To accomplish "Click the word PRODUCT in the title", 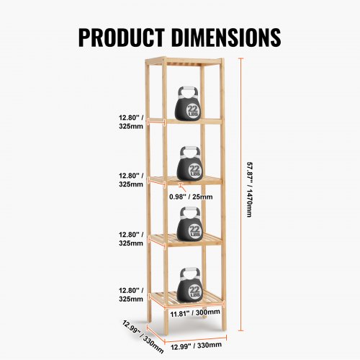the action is pos(122,37).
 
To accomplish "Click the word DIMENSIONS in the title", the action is pos(226,37).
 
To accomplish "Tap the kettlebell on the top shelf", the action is pos(189,103).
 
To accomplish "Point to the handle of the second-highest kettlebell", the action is pos(191,151).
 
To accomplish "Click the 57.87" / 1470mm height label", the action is pos(250,190).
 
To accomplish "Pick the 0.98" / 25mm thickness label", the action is pos(191,197).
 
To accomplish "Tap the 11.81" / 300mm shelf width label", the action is pos(195,313).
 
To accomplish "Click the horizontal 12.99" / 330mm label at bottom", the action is pos(196,346).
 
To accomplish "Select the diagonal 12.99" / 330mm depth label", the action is pos(143,336).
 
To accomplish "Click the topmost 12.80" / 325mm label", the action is pos(131,122).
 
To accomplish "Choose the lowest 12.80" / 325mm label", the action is pos(131,294).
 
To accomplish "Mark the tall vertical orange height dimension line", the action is pos(241,194).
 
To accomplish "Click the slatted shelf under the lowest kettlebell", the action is pos(186,299).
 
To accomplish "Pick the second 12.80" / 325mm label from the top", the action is pos(131,180).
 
